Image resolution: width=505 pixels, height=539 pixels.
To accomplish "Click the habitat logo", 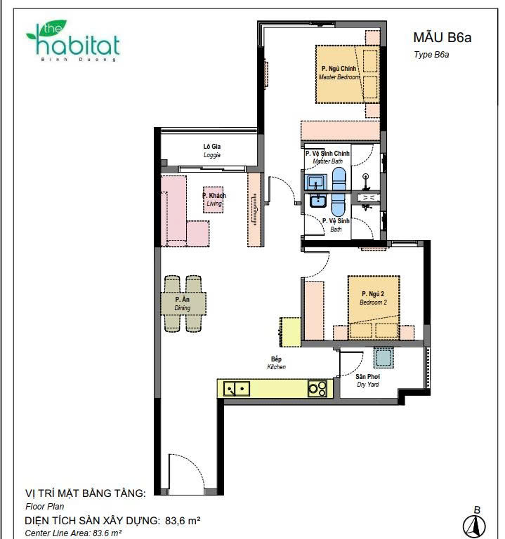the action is tap(73, 41).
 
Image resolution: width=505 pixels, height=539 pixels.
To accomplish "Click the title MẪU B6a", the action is tap(442, 37).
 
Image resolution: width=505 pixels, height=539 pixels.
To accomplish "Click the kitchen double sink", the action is tap(237, 389).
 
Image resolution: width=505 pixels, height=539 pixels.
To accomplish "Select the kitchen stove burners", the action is tap(317, 389).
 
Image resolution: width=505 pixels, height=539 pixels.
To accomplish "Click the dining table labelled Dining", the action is tap(183, 303).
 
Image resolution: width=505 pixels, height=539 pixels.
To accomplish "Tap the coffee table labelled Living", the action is tap(213, 200).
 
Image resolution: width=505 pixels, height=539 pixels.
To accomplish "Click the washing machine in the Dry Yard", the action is tap(383, 357).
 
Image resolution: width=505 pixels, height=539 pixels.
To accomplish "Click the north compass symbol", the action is tap(474, 524).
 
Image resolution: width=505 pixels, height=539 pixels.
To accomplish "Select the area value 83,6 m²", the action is tap(183, 521).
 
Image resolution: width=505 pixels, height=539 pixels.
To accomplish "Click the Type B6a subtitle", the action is tap(431, 54).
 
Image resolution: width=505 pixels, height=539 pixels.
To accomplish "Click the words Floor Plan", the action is tap(45, 506).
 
